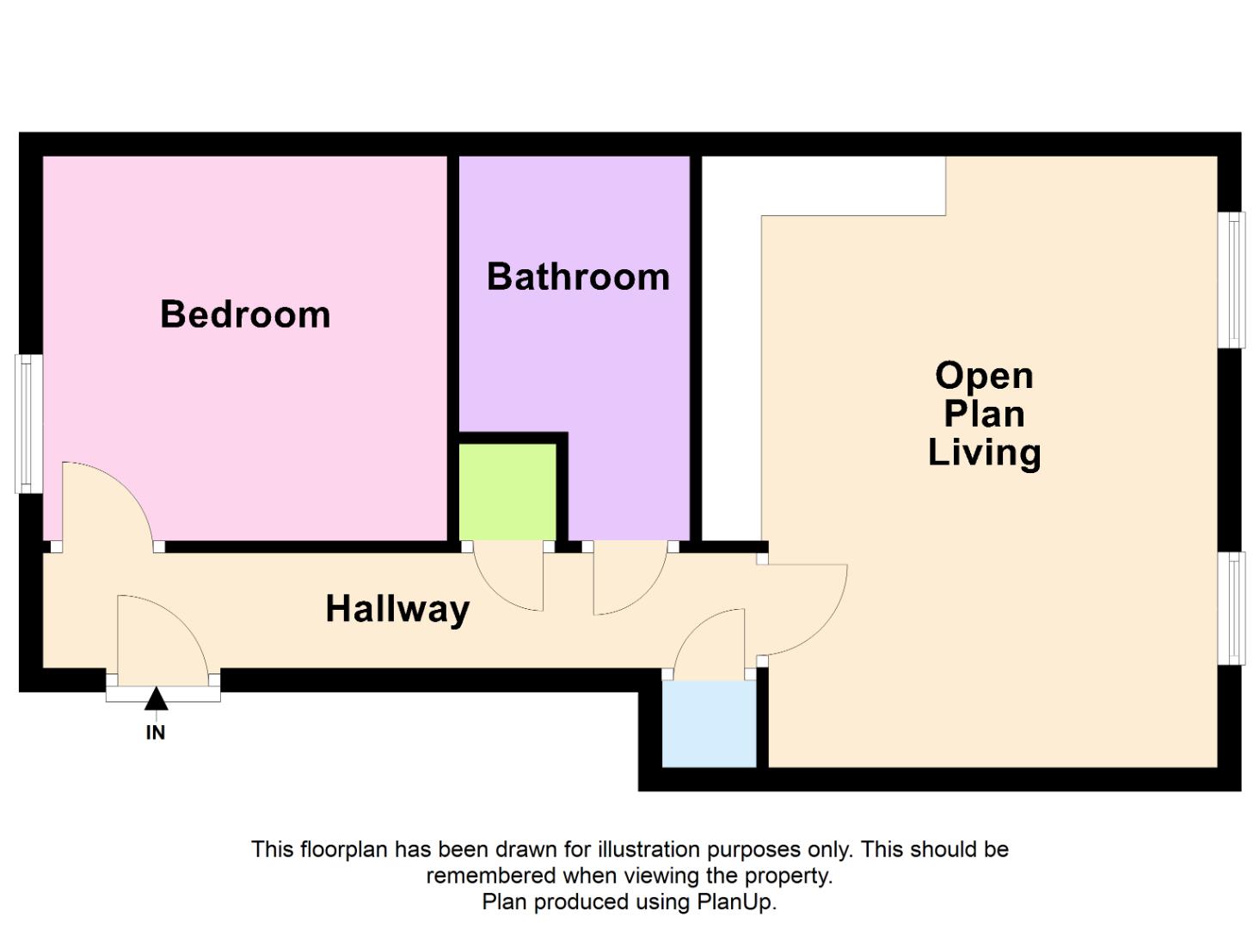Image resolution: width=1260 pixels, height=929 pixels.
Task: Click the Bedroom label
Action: pos(245,314)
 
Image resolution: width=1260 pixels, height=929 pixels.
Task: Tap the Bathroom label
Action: pos(578,277)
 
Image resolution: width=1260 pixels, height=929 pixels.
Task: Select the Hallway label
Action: pos(397,609)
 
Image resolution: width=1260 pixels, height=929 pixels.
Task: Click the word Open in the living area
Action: pos(984,376)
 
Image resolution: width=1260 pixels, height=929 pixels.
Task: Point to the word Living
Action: pos(984,452)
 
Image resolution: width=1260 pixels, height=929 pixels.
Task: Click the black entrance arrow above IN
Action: pos(156,699)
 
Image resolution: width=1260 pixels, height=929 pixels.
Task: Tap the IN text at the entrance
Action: pos(156,733)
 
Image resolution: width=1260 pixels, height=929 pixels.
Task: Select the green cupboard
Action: pos(507,491)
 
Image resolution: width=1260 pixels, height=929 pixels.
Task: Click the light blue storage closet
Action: pos(709,723)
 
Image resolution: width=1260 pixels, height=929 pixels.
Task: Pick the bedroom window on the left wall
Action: pos(29,424)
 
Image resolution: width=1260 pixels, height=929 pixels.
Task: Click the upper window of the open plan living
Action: pos(1232,280)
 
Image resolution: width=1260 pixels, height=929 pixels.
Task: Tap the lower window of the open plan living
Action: pos(1232,608)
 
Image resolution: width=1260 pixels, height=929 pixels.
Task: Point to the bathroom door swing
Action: pos(626,578)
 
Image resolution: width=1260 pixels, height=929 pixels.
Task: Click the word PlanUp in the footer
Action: pos(735,902)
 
